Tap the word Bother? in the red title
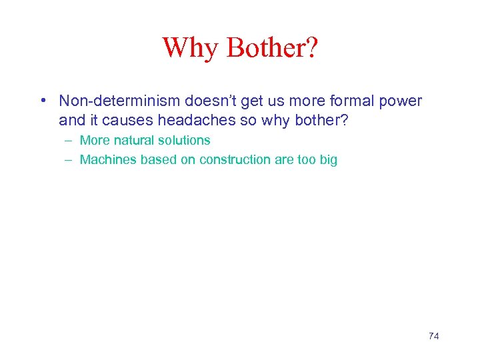272,47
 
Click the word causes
128,121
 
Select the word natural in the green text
129,141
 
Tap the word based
155,160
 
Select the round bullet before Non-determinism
42,101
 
